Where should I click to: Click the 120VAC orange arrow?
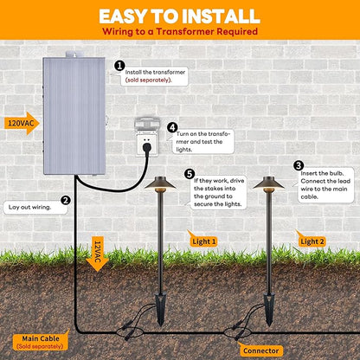click(22, 124)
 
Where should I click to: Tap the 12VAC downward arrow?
click(97, 254)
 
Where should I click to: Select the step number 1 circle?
click(119, 66)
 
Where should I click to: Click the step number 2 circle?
click(66, 200)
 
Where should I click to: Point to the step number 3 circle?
click(299, 165)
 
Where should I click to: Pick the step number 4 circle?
click(172, 127)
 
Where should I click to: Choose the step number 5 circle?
click(190, 174)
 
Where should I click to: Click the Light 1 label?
click(203, 241)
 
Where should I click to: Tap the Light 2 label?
click(312, 241)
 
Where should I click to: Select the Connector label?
click(260, 350)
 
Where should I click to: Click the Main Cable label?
click(41, 342)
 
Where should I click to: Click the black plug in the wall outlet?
click(147, 148)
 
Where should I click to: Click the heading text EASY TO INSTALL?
click(179, 16)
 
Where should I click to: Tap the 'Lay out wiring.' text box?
click(35, 207)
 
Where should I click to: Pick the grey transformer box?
click(74, 115)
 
